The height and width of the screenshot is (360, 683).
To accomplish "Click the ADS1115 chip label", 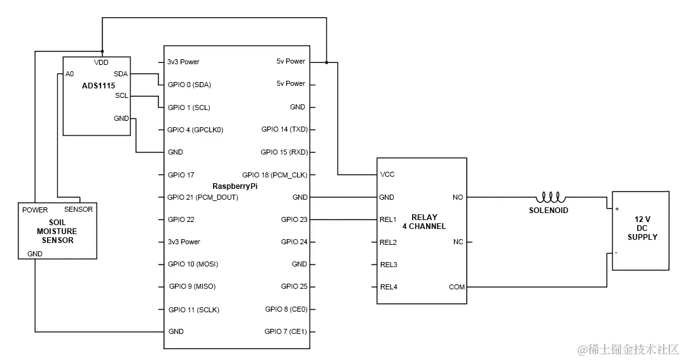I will click(99, 85).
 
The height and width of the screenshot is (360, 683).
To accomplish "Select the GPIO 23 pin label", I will click(294, 219).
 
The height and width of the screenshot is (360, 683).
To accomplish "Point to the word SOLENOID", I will click(548, 210).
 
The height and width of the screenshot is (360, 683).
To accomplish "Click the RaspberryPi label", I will click(236, 185).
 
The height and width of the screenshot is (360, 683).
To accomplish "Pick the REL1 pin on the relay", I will click(388, 219).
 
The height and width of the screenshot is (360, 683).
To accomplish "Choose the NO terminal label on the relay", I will click(457, 197).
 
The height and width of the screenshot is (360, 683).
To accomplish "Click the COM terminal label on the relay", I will click(457, 287).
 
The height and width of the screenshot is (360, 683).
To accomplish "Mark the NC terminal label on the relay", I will click(458, 242).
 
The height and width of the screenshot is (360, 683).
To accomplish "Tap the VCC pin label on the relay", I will click(387, 174).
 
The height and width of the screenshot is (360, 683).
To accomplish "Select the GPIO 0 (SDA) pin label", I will click(189, 85).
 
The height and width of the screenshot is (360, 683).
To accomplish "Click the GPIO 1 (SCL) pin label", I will click(188, 107).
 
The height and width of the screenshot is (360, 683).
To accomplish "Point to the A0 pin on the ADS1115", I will click(69, 74).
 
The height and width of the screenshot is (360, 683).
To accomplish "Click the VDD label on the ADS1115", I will click(101, 62).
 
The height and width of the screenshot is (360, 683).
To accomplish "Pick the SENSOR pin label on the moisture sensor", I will click(78, 209).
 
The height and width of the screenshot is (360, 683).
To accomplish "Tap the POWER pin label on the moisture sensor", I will click(35, 210).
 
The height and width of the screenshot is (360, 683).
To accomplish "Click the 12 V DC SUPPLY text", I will click(642, 228).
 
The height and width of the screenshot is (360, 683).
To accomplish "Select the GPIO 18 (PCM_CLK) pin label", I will click(275, 174).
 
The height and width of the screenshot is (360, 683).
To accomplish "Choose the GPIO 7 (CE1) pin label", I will click(286, 331).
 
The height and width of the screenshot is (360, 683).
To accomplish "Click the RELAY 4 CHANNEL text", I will click(424, 221).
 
